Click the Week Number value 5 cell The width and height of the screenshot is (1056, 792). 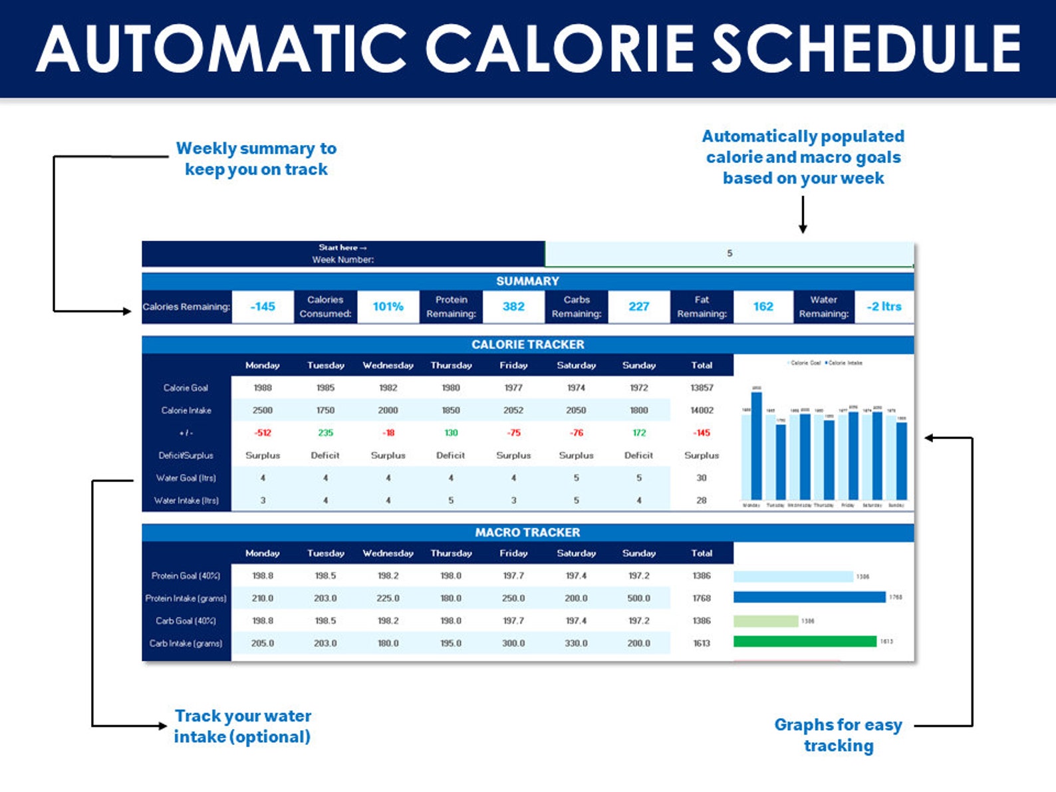click(x=729, y=253)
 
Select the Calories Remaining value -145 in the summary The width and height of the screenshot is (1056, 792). click(x=263, y=307)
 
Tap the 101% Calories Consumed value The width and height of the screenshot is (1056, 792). click(x=388, y=307)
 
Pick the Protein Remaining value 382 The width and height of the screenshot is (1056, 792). click(x=513, y=307)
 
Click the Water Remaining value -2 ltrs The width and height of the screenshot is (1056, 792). click(x=884, y=307)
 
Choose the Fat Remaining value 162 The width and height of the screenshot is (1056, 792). click(x=763, y=307)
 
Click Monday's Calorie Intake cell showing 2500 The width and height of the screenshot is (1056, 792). click(x=263, y=410)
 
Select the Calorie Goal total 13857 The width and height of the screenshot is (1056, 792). click(x=702, y=388)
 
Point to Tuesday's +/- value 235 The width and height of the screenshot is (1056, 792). click(x=325, y=433)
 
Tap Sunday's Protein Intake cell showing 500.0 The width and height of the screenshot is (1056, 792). click(x=638, y=598)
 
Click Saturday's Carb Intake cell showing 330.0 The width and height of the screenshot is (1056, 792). click(x=576, y=644)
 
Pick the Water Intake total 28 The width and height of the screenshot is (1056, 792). click(x=702, y=501)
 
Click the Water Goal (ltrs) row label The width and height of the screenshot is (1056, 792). click(x=186, y=478)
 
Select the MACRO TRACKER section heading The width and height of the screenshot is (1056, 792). click(x=527, y=533)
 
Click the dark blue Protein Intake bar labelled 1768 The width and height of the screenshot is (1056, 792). click(x=809, y=597)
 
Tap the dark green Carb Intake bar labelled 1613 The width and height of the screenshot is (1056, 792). click(x=805, y=642)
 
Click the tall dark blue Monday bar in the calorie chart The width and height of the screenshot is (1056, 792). click(x=756, y=446)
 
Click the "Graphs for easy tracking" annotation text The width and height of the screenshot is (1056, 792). click(x=838, y=735)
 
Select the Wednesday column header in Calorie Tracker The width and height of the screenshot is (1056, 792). click(x=388, y=365)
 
